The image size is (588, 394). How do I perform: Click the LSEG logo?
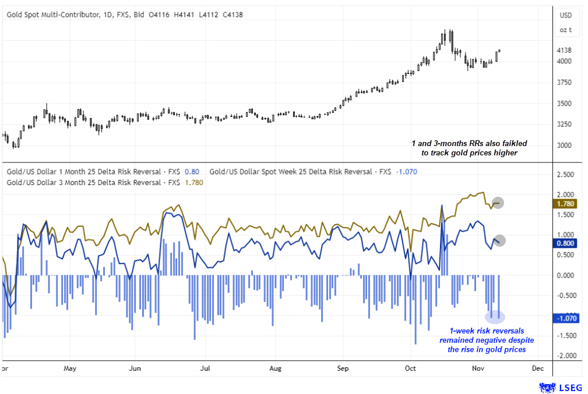coord(559,386)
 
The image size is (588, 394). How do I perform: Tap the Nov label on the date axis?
coord(478,368)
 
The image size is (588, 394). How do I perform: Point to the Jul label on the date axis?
coord(205,368)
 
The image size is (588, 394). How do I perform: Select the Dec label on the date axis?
coord(537,368)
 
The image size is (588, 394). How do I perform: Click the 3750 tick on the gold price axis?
coord(565,83)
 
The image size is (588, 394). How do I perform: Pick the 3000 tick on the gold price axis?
coord(565,145)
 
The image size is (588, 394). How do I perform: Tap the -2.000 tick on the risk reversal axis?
coord(566,356)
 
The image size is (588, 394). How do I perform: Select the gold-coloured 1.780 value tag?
coord(566,204)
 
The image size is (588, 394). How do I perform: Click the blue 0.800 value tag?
coord(566,244)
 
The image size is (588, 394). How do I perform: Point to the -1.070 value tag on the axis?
coord(566,318)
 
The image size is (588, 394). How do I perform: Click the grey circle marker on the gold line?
coord(498,203)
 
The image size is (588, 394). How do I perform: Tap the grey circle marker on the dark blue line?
coord(499,240)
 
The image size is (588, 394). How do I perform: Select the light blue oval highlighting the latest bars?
coord(495,317)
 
